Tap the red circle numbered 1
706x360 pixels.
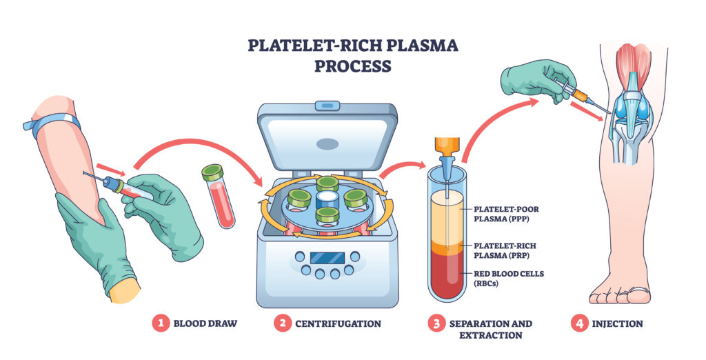point(160,323)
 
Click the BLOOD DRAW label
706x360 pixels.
point(205,323)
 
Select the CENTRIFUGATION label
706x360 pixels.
point(338,323)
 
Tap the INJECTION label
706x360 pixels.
point(617,323)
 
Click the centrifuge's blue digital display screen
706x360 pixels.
point(327,257)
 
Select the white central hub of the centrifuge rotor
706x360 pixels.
point(328,197)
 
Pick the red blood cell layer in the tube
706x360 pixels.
point(446,276)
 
